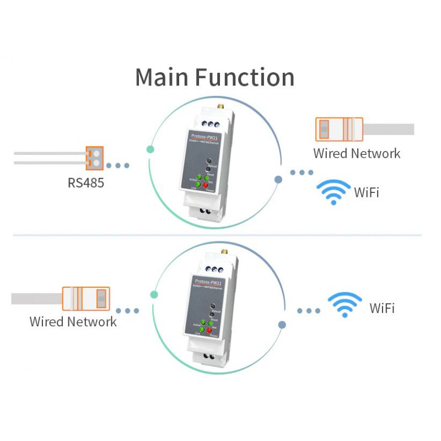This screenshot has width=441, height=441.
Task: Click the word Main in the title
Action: point(163,77)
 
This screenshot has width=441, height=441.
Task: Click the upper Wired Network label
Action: point(357,153)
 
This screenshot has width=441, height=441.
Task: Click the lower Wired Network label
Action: point(73,321)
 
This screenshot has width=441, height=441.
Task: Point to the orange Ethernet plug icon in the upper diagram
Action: point(338,129)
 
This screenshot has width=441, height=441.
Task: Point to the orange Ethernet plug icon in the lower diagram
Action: point(86,299)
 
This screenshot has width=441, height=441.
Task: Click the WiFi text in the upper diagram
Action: point(367,192)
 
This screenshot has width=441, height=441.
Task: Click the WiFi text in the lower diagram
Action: point(382,308)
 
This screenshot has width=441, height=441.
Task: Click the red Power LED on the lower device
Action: point(212,329)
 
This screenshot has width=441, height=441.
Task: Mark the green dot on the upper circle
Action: point(149,149)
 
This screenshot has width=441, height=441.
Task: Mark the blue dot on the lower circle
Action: point(282,325)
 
